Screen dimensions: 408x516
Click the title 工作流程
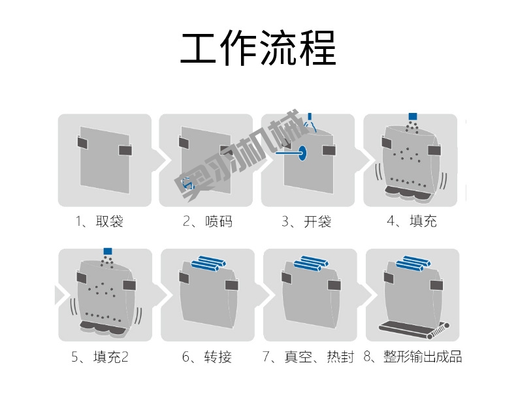pyautogui.click(x=258, y=50)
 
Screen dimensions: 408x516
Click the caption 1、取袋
pyautogui.click(x=99, y=222)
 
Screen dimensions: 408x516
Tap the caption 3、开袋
pyautogui.click(x=306, y=222)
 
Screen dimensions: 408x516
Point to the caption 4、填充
pyautogui.click(x=411, y=222)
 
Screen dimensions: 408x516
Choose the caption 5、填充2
pyautogui.click(x=100, y=358)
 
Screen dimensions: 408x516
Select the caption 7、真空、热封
pyautogui.click(x=308, y=358)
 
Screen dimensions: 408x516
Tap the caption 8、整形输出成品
pyautogui.click(x=412, y=358)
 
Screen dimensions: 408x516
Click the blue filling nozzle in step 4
pyautogui.click(x=412, y=116)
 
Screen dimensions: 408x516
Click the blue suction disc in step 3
pyautogui.click(x=304, y=153)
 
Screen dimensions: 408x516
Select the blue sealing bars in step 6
pyautogui.click(x=206, y=262)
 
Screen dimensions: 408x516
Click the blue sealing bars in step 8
pyautogui.click(x=411, y=262)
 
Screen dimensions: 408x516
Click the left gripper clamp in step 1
pyautogui.click(x=83, y=142)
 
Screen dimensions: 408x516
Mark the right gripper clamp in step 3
pyautogui.click(x=329, y=150)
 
